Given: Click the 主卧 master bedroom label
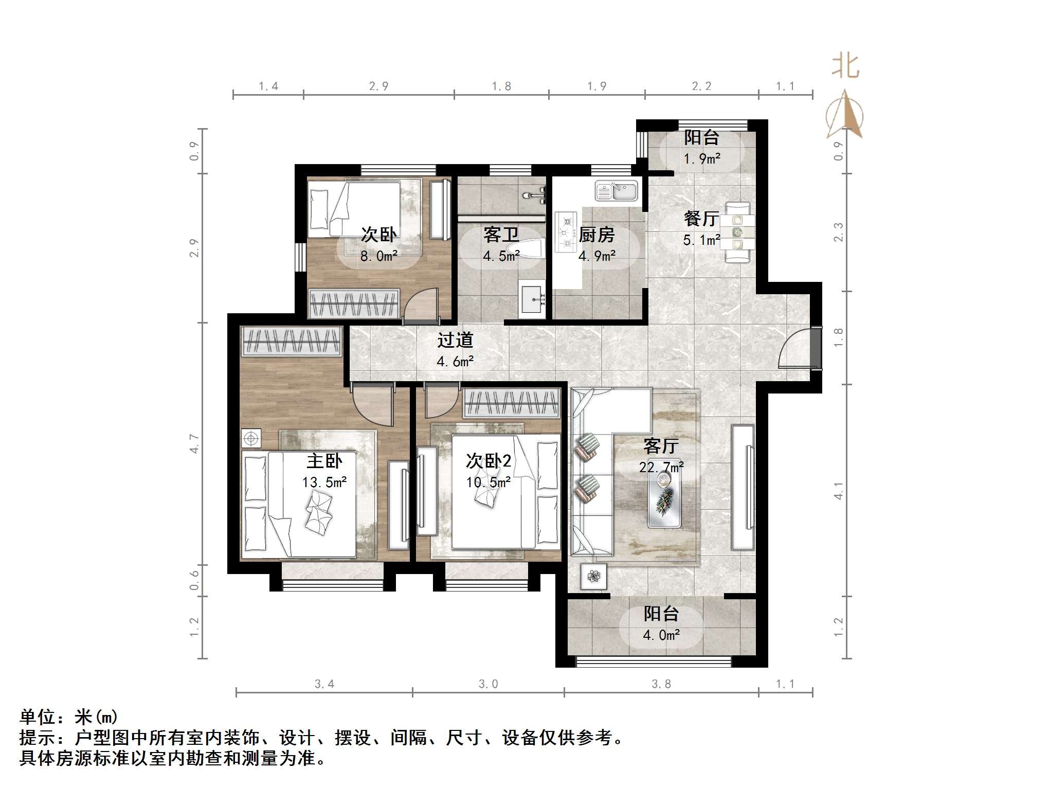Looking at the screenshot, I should pos(324,460).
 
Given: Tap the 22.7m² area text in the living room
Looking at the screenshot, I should pos(661,467).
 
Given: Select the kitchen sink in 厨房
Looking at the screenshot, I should pos(616,191).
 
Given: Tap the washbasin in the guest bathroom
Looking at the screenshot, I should pos(532,299).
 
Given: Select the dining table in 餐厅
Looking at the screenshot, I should pos(737,232).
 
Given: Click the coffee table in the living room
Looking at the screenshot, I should pos(664,498).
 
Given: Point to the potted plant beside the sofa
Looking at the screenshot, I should pos(594,577).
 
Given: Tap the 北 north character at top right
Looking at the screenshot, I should pos(845,67).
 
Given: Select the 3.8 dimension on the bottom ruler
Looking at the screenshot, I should pos(661,684).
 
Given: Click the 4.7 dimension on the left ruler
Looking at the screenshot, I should pos(194,443).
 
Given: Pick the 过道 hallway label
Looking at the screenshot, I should pos(455,340).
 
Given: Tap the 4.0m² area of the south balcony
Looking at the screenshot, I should pos(661,635).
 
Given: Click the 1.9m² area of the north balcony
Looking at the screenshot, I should pos(701,158).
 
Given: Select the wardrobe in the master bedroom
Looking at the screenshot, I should pos(292,342).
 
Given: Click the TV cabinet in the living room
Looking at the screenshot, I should pos(743,487).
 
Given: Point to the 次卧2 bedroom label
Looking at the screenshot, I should pos(489,460).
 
